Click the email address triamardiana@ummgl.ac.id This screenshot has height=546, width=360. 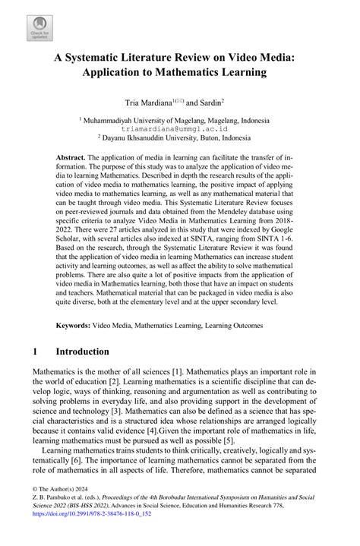180,129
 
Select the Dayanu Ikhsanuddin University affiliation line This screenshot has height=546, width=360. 180,138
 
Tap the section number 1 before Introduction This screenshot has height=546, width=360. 36,352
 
